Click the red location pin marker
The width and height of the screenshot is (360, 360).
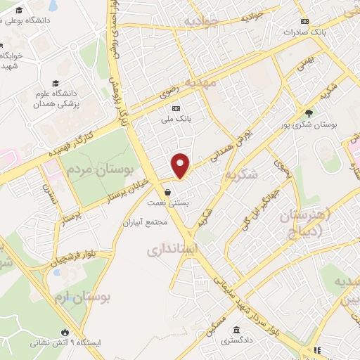point(181,165)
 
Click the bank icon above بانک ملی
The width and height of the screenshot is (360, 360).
point(176,108)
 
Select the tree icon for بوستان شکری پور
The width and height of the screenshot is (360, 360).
point(309,112)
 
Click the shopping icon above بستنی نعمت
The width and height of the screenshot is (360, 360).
point(167,191)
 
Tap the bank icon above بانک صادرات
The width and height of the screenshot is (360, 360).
point(304,21)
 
